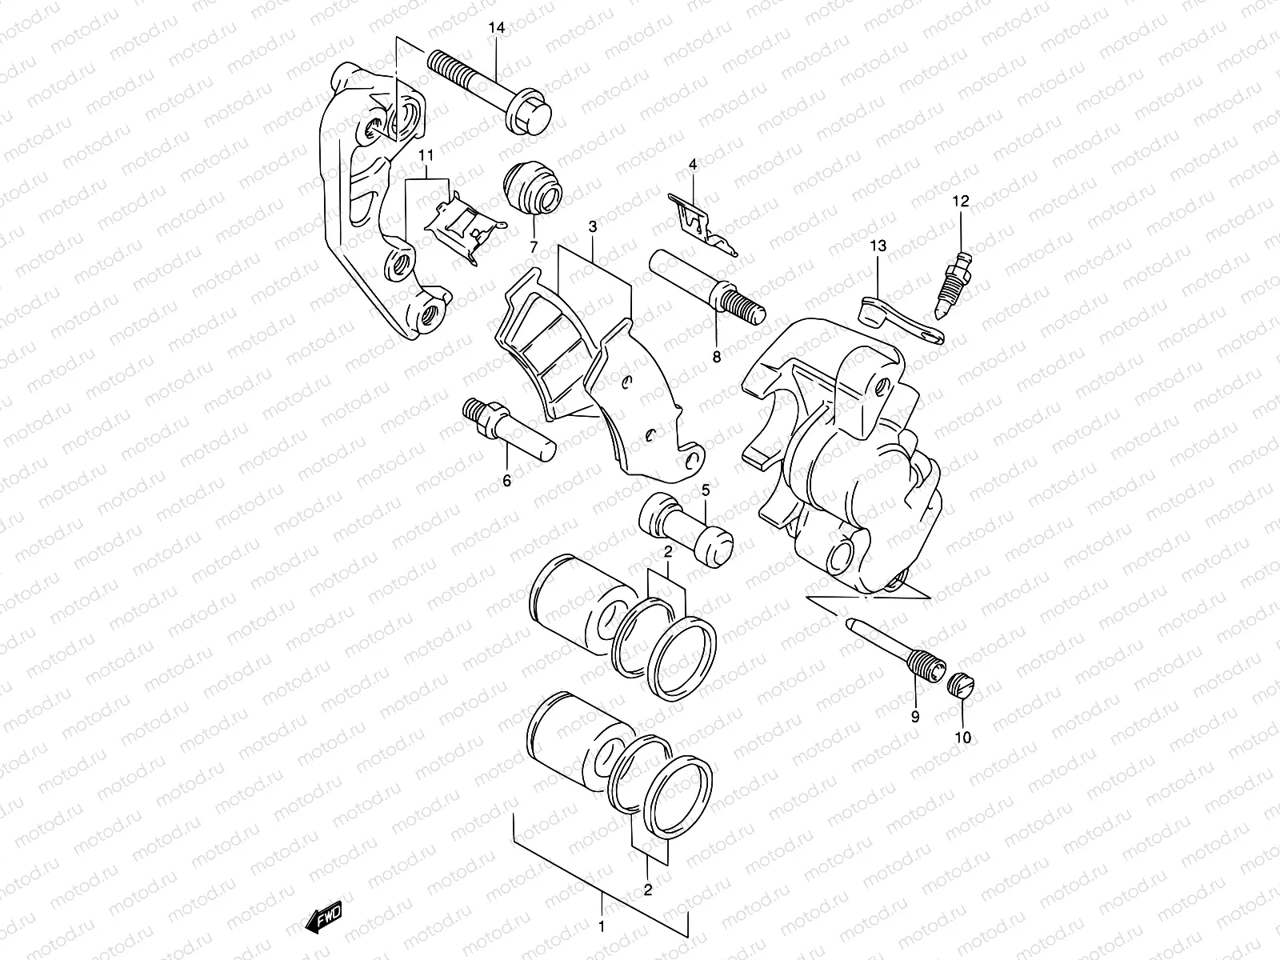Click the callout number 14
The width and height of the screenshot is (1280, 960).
pyautogui.click(x=496, y=28)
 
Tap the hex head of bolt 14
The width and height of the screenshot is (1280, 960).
pyautogui.click(x=530, y=117)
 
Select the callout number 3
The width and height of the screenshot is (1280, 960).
pyautogui.click(x=592, y=228)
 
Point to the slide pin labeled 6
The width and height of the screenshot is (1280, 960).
pyautogui.click(x=506, y=428)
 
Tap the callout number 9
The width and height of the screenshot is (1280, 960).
pyautogui.click(x=914, y=717)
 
